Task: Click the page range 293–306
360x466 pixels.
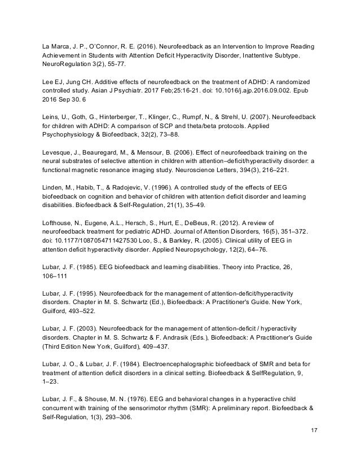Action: click(120, 413)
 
